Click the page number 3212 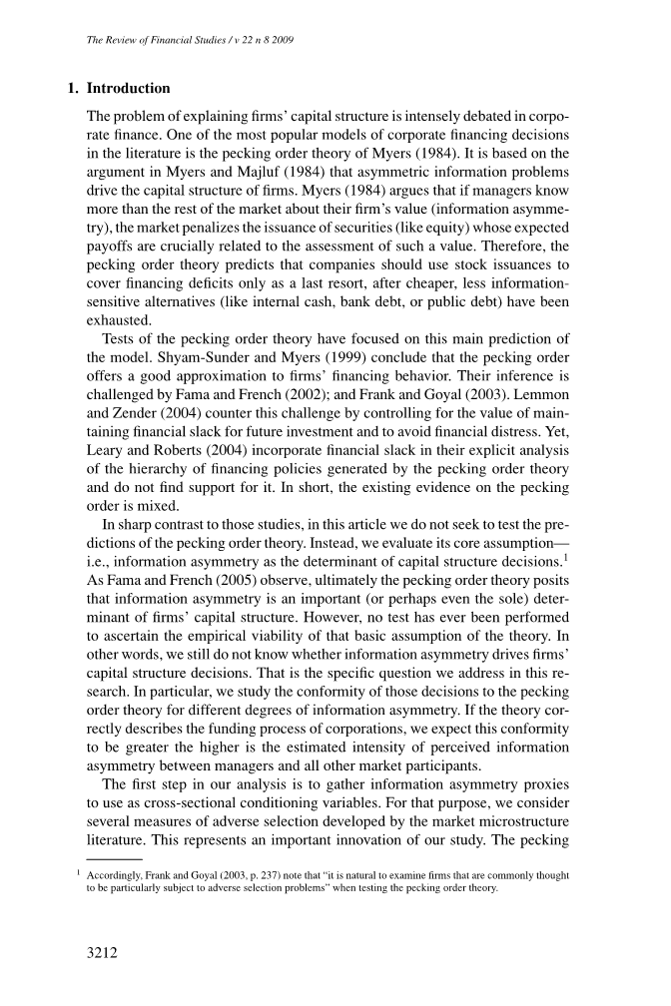click(x=103, y=953)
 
